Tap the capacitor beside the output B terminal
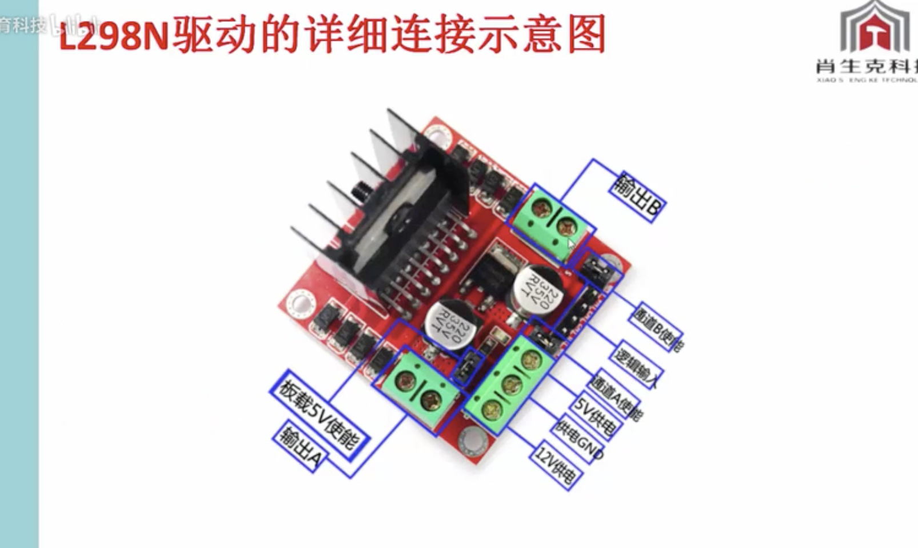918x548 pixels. click(x=537, y=295)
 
